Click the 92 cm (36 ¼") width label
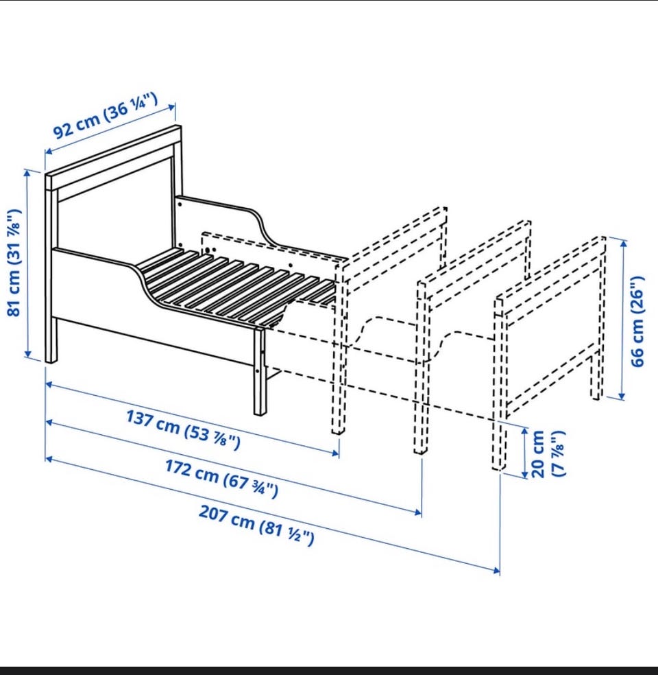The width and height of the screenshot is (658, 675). pyautogui.click(x=106, y=115)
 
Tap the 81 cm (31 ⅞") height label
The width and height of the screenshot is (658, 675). pyautogui.click(x=14, y=263)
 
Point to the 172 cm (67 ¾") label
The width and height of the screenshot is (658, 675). pyautogui.click(x=222, y=478)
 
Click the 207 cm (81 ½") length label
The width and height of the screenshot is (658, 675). pyautogui.click(x=256, y=525)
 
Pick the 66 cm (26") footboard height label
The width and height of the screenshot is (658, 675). pyautogui.click(x=637, y=321)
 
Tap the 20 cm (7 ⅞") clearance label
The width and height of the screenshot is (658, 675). pyautogui.click(x=548, y=453)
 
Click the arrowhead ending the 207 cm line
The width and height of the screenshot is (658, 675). pyautogui.click(x=497, y=571)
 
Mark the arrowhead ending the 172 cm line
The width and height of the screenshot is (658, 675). pyautogui.click(x=418, y=512)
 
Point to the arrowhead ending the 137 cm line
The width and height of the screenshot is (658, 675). pyautogui.click(x=335, y=453)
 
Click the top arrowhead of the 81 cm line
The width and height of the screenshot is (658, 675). pyautogui.click(x=27, y=173)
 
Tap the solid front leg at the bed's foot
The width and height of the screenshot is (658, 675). pyautogui.click(x=259, y=371)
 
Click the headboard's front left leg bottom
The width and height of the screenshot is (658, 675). pyautogui.click(x=51, y=360)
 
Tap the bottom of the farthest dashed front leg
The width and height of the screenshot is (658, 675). pyautogui.click(x=498, y=465)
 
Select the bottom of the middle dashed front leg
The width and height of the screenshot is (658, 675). pyautogui.click(x=421, y=449)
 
